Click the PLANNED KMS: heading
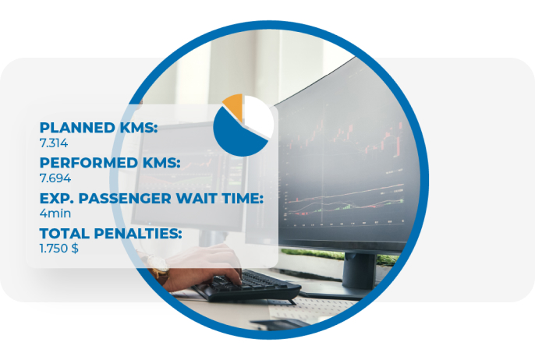point(98,128)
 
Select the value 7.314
point(54,143)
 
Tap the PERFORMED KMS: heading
point(110,163)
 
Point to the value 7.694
point(55,178)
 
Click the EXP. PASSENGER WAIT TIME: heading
point(151,199)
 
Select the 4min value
point(55,214)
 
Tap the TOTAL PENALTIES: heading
point(111,234)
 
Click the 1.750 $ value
point(59,249)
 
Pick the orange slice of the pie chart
point(234,106)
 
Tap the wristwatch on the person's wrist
point(158,267)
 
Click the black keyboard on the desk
point(246,286)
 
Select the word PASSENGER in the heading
point(125,199)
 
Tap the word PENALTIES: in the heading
point(138,234)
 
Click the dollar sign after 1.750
point(75,249)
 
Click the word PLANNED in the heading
point(77,128)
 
